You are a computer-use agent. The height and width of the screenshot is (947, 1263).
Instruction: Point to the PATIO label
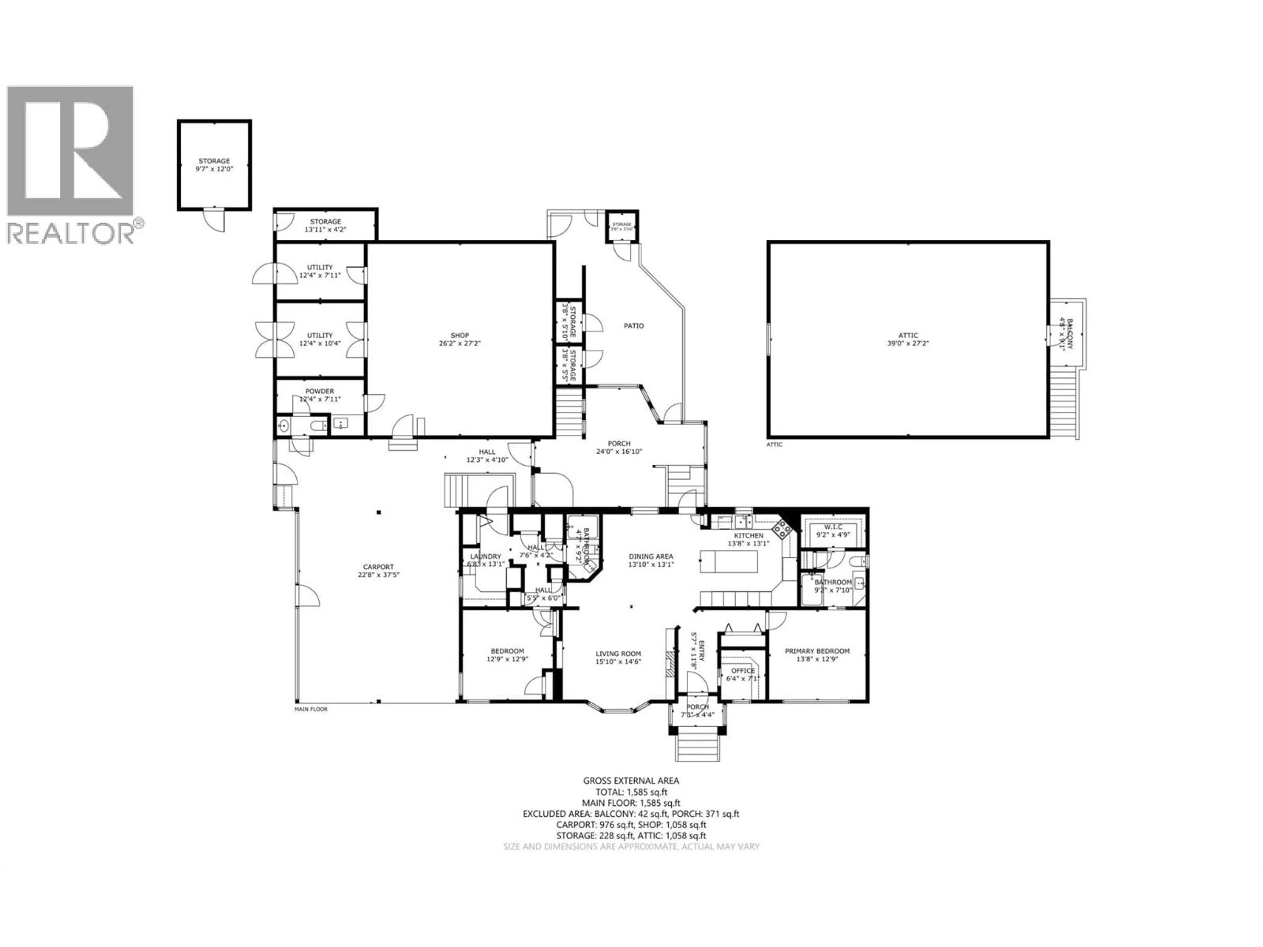click(634, 326)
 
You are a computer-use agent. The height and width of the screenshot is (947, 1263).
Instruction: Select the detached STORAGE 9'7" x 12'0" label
click(214, 165)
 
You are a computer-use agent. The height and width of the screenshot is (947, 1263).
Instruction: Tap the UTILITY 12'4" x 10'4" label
click(320, 339)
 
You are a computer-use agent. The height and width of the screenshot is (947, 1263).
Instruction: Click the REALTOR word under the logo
click(70, 233)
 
